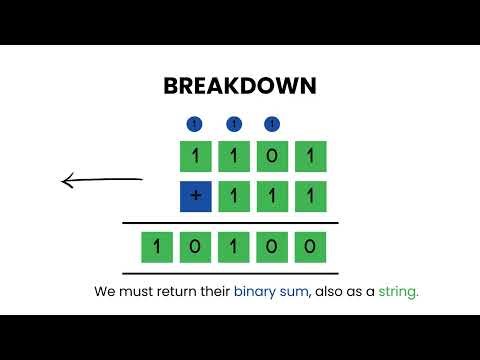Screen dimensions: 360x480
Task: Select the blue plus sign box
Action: tap(195, 196)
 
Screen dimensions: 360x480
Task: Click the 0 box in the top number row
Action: tap(273, 157)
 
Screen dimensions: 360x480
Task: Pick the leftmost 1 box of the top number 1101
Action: tap(195, 157)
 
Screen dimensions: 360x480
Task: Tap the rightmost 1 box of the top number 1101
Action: tap(311, 157)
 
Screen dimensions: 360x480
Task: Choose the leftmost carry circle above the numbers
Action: tap(195, 124)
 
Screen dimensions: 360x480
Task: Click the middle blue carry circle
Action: tap(234, 124)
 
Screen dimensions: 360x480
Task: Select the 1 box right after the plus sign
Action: tap(234, 196)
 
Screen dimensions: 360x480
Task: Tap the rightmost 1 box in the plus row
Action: tap(311, 196)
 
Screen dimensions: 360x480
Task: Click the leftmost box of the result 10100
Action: tap(158, 246)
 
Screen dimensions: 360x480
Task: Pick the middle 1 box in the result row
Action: tap(234, 246)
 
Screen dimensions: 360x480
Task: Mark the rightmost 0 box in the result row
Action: tap(311, 246)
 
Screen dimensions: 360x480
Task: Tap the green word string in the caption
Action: tap(398, 293)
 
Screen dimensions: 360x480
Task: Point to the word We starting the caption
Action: tap(105, 293)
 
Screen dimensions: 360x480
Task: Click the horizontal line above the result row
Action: tap(230, 222)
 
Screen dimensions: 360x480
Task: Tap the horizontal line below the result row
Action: tap(230, 272)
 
